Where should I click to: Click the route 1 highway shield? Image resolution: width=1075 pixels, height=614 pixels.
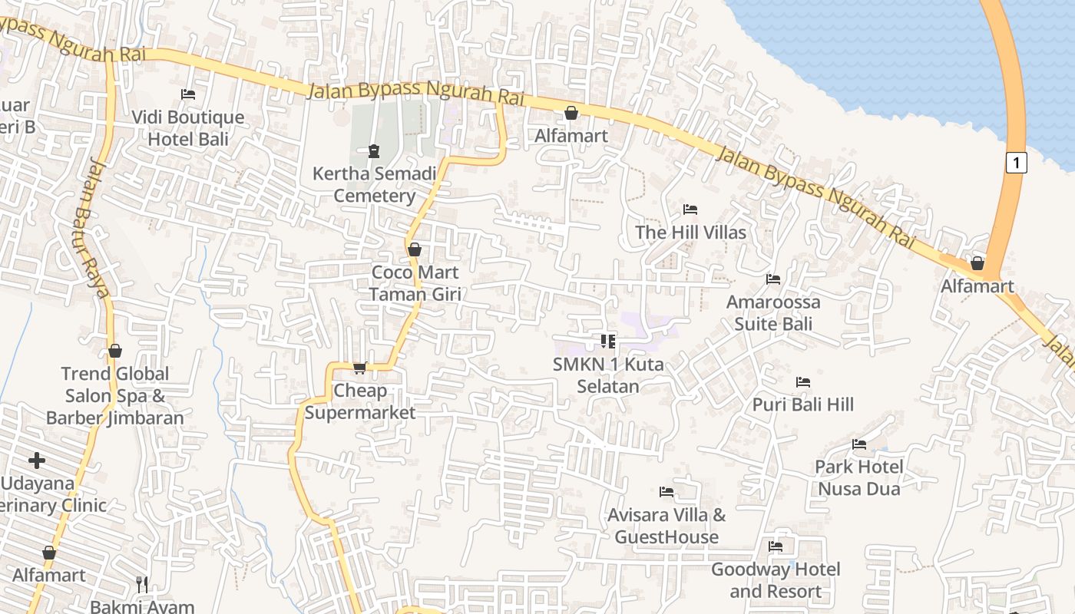(1016, 163)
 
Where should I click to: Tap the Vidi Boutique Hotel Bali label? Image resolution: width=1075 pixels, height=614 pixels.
(188, 128)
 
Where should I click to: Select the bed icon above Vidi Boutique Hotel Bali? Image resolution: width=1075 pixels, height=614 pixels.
(188, 94)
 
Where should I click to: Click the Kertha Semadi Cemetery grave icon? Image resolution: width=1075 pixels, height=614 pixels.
(374, 151)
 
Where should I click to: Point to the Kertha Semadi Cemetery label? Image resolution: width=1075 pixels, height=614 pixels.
(374, 184)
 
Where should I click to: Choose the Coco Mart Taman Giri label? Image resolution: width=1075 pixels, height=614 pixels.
(415, 282)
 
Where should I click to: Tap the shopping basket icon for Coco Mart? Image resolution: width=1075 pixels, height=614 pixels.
(415, 249)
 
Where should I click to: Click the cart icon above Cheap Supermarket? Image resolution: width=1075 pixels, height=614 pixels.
(360, 368)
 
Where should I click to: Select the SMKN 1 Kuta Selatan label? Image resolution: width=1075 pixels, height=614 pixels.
(608, 375)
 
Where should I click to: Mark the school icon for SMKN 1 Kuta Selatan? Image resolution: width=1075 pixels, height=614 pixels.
(608, 342)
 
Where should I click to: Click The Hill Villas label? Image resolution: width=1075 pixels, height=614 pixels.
(690, 232)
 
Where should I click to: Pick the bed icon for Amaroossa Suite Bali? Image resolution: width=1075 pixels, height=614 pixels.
(773, 279)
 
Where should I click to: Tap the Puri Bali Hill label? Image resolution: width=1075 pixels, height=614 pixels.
(802, 404)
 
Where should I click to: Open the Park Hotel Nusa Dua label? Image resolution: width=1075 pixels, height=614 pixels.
(858, 477)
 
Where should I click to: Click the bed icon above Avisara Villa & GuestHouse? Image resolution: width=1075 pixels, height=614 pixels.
(666, 492)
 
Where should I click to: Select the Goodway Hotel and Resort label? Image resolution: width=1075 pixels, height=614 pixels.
(776, 580)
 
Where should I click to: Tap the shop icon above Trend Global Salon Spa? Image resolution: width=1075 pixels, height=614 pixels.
(115, 352)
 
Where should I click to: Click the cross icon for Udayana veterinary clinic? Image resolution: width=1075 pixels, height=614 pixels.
(37, 460)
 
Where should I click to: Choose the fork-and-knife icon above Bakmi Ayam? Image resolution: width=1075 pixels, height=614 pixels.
(142, 585)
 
